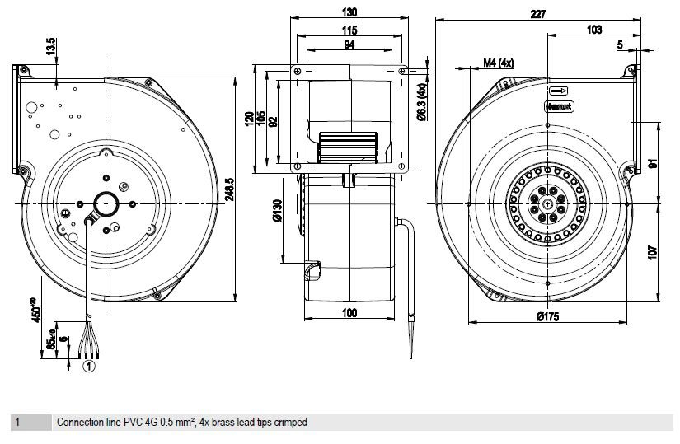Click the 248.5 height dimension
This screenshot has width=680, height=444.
pos(231,191)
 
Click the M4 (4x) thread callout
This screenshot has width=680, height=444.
pos(499,63)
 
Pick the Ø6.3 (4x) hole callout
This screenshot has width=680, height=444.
pos(420,102)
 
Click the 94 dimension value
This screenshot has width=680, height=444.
pos(349,45)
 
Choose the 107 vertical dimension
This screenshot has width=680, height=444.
pos(651,253)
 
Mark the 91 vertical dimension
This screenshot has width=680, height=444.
pos(651,162)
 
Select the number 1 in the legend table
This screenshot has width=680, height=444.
pos(18,423)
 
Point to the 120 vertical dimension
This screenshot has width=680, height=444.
pos(248,121)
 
